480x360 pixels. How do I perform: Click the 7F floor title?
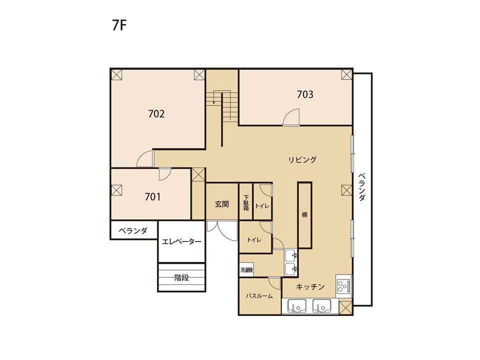(x=119, y=25)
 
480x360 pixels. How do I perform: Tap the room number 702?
(x=156, y=114)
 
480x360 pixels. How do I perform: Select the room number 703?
(x=305, y=94)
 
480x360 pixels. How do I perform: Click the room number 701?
(x=152, y=196)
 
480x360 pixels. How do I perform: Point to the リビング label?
(x=302, y=159)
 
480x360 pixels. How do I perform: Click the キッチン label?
(x=310, y=287)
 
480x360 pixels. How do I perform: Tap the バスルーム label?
(x=259, y=296)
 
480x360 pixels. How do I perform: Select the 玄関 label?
(x=222, y=204)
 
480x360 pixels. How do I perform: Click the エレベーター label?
(x=181, y=242)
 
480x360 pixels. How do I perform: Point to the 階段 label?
(x=181, y=277)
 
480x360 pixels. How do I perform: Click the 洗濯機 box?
(x=246, y=270)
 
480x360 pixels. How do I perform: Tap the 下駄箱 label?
(x=246, y=203)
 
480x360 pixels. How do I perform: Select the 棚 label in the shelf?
(x=304, y=215)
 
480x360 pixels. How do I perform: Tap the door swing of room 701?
(x=164, y=174)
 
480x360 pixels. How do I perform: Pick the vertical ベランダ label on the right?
(x=362, y=187)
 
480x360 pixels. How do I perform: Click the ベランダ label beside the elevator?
(x=133, y=230)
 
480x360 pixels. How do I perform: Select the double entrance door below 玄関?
(x=222, y=230)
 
